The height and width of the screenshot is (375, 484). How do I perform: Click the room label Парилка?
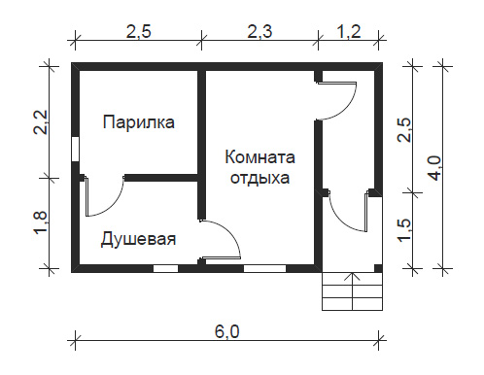139,122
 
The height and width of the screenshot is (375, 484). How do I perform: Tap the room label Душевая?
138,239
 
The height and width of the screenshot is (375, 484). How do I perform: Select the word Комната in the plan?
259,157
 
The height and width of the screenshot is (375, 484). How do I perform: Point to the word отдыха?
259,178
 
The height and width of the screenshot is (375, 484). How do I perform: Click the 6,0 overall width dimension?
227,332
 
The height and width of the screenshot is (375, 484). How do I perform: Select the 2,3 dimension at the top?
259,32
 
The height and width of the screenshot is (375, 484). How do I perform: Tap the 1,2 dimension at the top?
349,32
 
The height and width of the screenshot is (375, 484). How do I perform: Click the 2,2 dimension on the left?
41,122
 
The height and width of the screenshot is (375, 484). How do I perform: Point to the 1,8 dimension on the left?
41,223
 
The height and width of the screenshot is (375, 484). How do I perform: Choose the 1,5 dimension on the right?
405,230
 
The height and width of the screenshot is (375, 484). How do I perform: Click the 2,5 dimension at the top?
139,32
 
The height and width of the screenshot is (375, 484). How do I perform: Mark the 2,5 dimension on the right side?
405,129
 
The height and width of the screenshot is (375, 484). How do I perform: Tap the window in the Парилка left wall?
75,149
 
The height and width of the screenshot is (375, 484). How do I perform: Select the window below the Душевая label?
165,268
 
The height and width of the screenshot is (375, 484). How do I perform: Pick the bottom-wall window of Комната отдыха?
264,268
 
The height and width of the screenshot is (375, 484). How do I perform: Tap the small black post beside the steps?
378,268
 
